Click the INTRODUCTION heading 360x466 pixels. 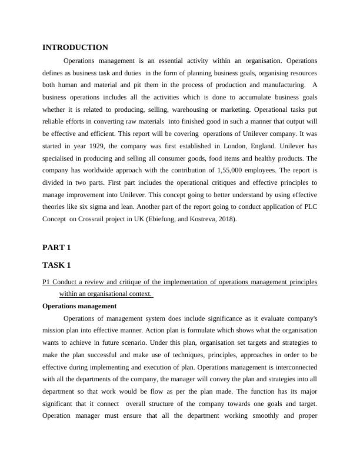(75, 48)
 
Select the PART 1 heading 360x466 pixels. (56, 248)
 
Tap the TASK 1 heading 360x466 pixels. (57, 265)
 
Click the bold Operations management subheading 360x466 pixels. (79, 306)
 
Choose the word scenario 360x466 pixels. (155, 330)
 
